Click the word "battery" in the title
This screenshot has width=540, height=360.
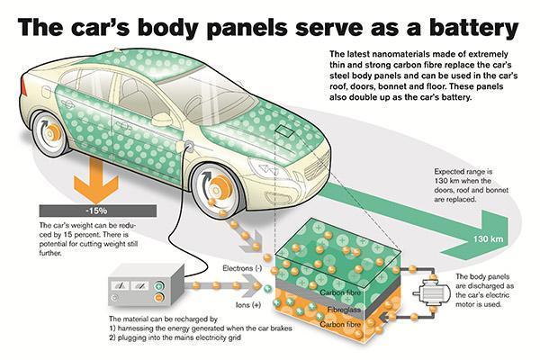pos(473,27)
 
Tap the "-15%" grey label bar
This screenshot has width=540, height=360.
pos(98,211)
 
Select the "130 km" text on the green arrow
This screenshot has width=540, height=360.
pos(488,238)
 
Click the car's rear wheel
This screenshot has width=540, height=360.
pos(50,132)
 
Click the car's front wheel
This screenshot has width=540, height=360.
pos(217,190)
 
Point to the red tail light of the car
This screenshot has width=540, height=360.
pos(24,86)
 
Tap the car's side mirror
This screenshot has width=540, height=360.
pos(163,118)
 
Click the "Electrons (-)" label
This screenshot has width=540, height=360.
pos(242,268)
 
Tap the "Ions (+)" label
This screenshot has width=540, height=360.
pos(248,305)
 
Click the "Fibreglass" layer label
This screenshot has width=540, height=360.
pos(344,310)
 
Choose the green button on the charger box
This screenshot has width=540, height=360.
pos(158,286)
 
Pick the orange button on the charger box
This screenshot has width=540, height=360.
pos(158,297)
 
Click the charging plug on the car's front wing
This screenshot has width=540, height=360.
pos(188,146)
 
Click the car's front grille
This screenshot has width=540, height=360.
pos(318,169)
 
